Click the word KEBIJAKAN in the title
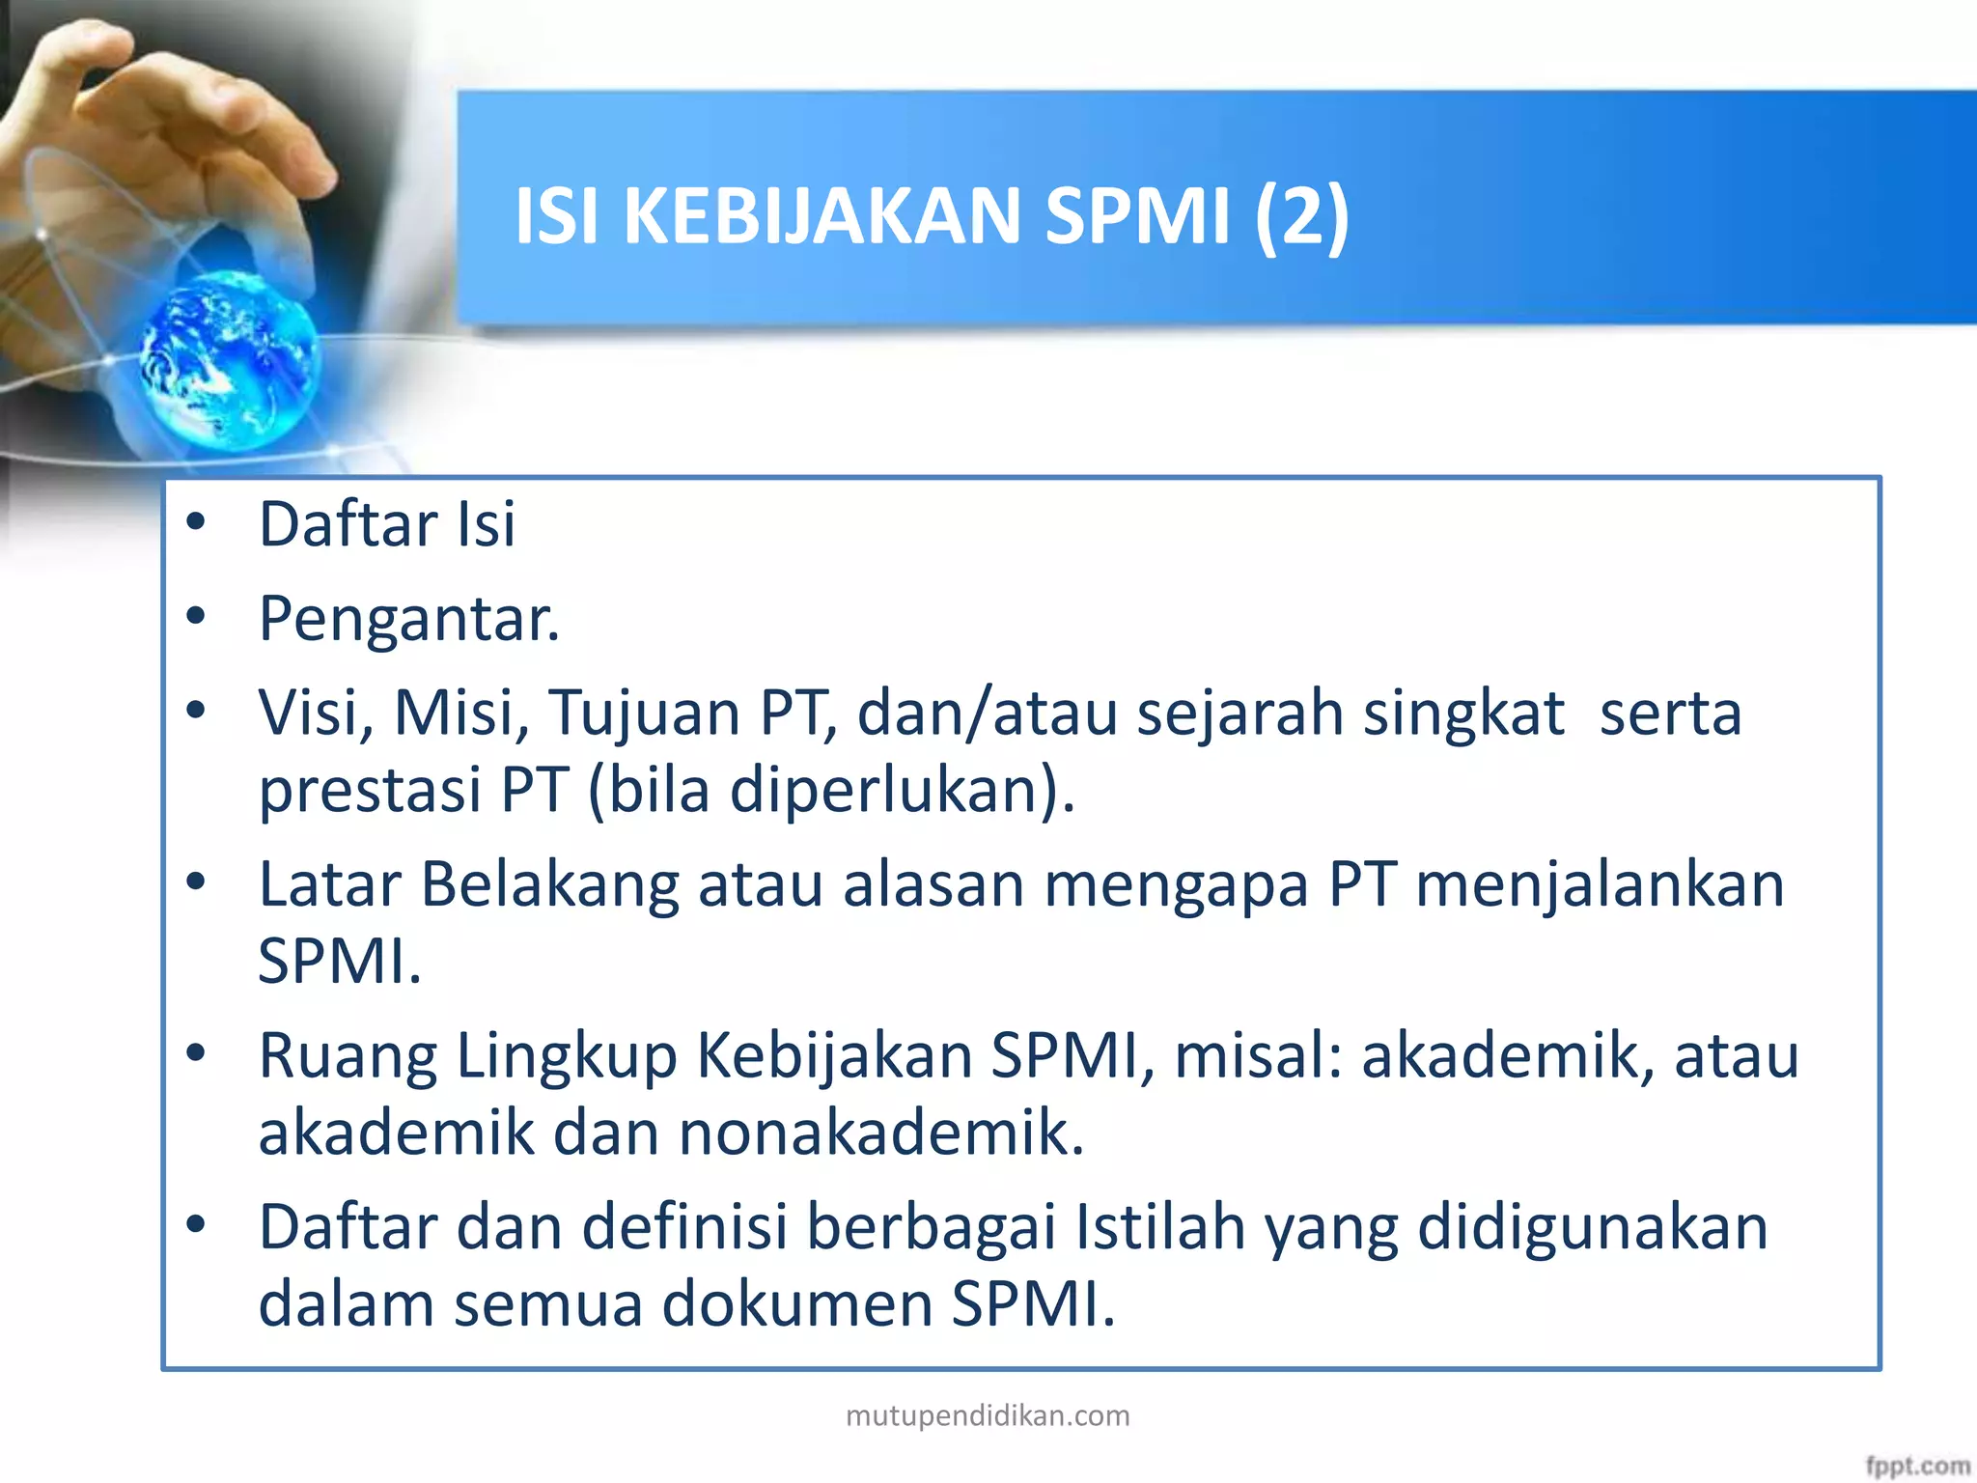(821, 216)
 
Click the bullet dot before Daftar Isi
(197, 522)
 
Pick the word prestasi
(370, 790)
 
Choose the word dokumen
(796, 1303)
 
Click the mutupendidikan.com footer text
(988, 1415)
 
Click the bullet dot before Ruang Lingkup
(197, 1052)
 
